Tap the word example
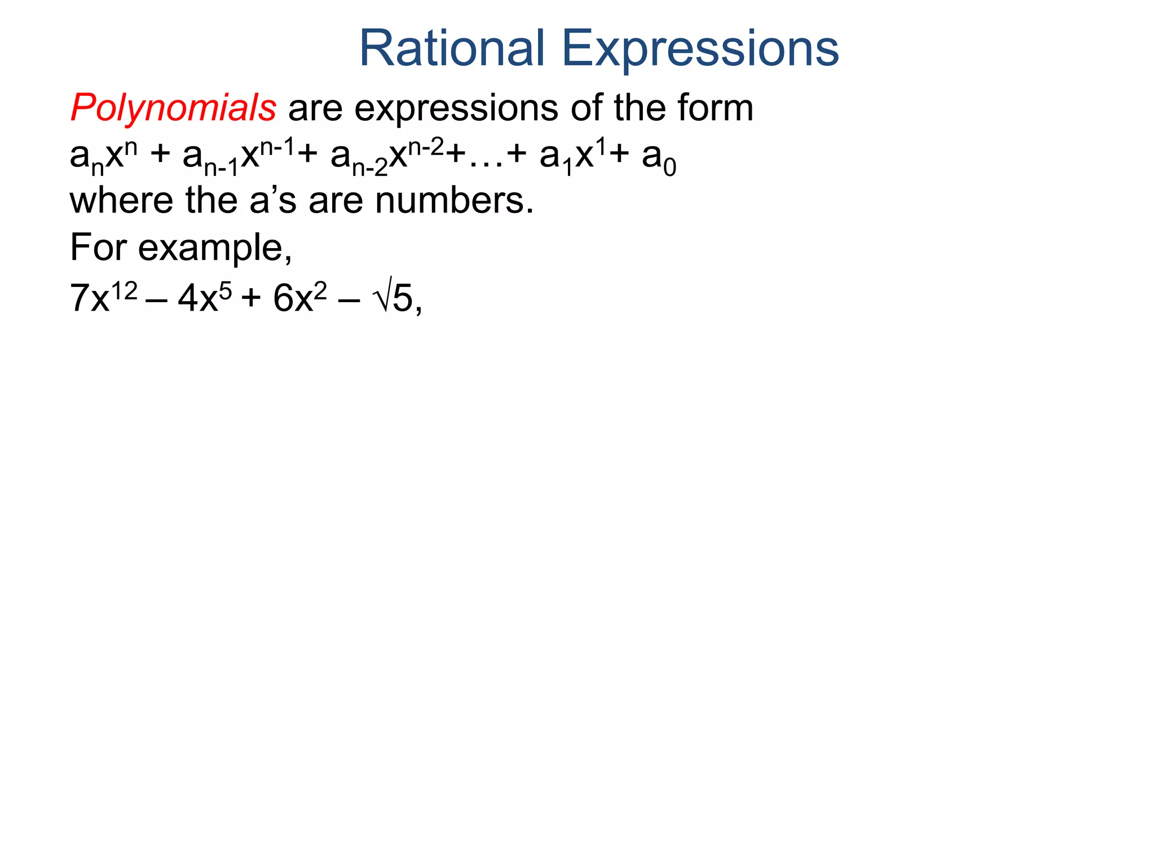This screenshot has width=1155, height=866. click(x=214, y=249)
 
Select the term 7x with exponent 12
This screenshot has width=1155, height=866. click(x=103, y=297)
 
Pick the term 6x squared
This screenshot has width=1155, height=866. click(x=299, y=297)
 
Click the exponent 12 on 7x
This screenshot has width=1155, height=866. click(x=124, y=291)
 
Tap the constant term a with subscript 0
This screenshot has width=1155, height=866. click(x=658, y=158)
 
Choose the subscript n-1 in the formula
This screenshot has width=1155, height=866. click(x=221, y=167)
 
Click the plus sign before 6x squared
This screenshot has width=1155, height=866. click(x=251, y=298)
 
